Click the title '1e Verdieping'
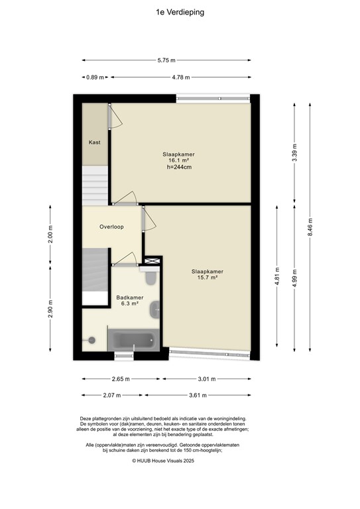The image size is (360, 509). (180, 12)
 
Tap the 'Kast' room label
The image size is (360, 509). (94, 142)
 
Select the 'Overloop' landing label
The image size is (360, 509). (111, 227)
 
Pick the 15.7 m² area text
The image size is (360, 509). (207, 278)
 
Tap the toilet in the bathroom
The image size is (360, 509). (150, 275)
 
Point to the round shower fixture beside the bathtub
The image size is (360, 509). (91, 340)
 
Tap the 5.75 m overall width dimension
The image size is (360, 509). (166, 60)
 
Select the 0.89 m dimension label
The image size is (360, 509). (95, 78)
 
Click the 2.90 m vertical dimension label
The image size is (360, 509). (50, 310)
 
